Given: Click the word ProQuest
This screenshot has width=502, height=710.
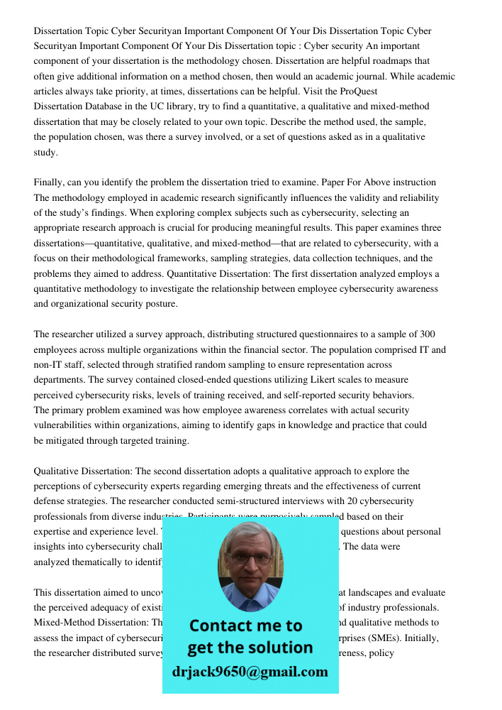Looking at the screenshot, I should (358, 92).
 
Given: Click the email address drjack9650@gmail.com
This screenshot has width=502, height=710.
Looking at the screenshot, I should (250, 672).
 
